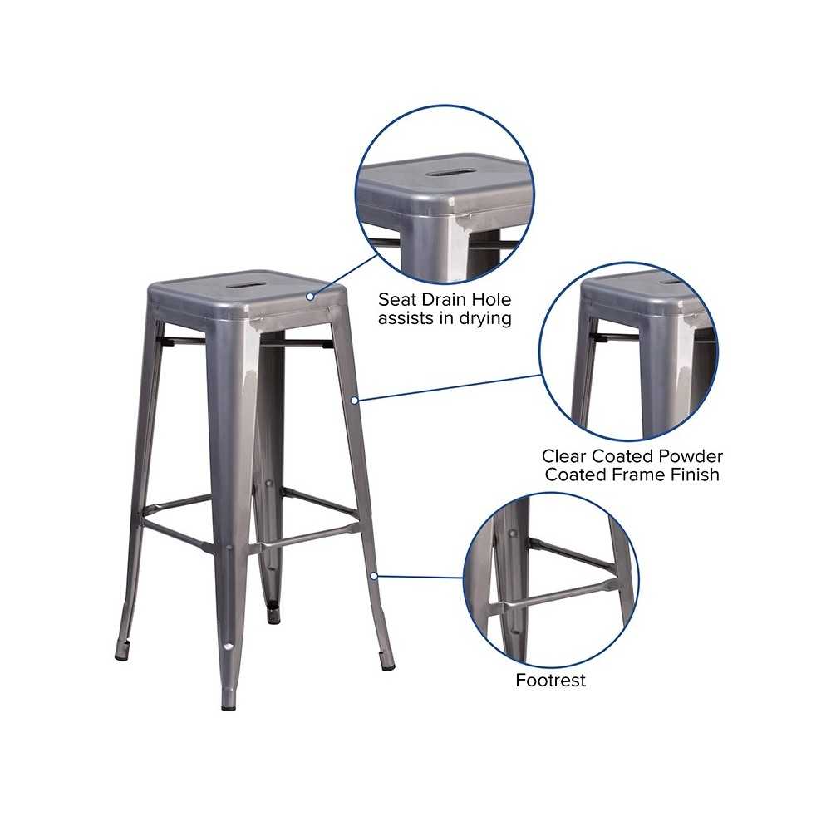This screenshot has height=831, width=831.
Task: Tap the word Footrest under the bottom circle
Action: (x=551, y=680)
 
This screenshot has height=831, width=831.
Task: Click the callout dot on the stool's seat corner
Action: (x=310, y=297)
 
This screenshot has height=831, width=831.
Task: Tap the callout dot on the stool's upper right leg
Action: (x=355, y=401)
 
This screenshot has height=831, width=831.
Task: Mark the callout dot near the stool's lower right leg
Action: (x=374, y=576)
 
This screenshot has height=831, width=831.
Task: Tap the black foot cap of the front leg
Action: (x=229, y=706)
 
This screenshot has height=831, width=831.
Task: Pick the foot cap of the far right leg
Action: (x=388, y=666)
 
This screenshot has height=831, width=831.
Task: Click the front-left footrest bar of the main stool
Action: (x=178, y=536)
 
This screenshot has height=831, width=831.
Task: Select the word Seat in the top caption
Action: (x=397, y=299)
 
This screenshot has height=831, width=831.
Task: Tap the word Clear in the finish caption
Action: (x=564, y=455)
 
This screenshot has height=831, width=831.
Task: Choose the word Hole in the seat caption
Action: (x=492, y=299)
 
